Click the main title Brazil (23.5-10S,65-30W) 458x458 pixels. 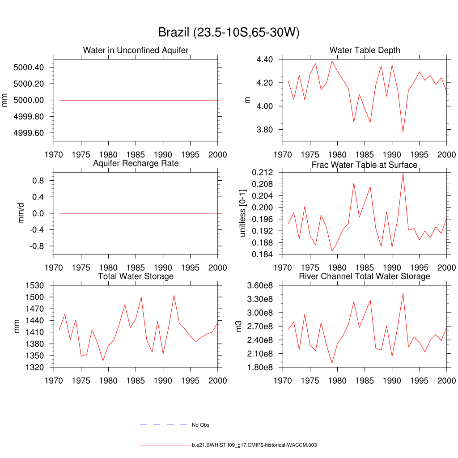tap(229, 32)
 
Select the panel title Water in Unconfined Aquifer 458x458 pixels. tap(136, 50)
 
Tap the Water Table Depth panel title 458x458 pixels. tap(365, 50)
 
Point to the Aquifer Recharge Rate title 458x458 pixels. tap(136, 163)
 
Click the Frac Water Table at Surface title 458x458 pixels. tap(365, 165)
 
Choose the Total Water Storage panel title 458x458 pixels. tap(136, 276)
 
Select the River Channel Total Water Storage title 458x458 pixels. tap(365, 276)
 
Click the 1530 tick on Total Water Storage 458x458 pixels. tap(34, 285)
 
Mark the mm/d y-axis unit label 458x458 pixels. tap(21, 213)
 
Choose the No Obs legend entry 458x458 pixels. tap(200, 425)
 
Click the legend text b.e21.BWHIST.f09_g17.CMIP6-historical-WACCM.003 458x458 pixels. tap(254, 445)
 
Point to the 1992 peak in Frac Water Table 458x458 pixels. tap(403, 173)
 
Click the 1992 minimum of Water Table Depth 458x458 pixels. tap(403, 132)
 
